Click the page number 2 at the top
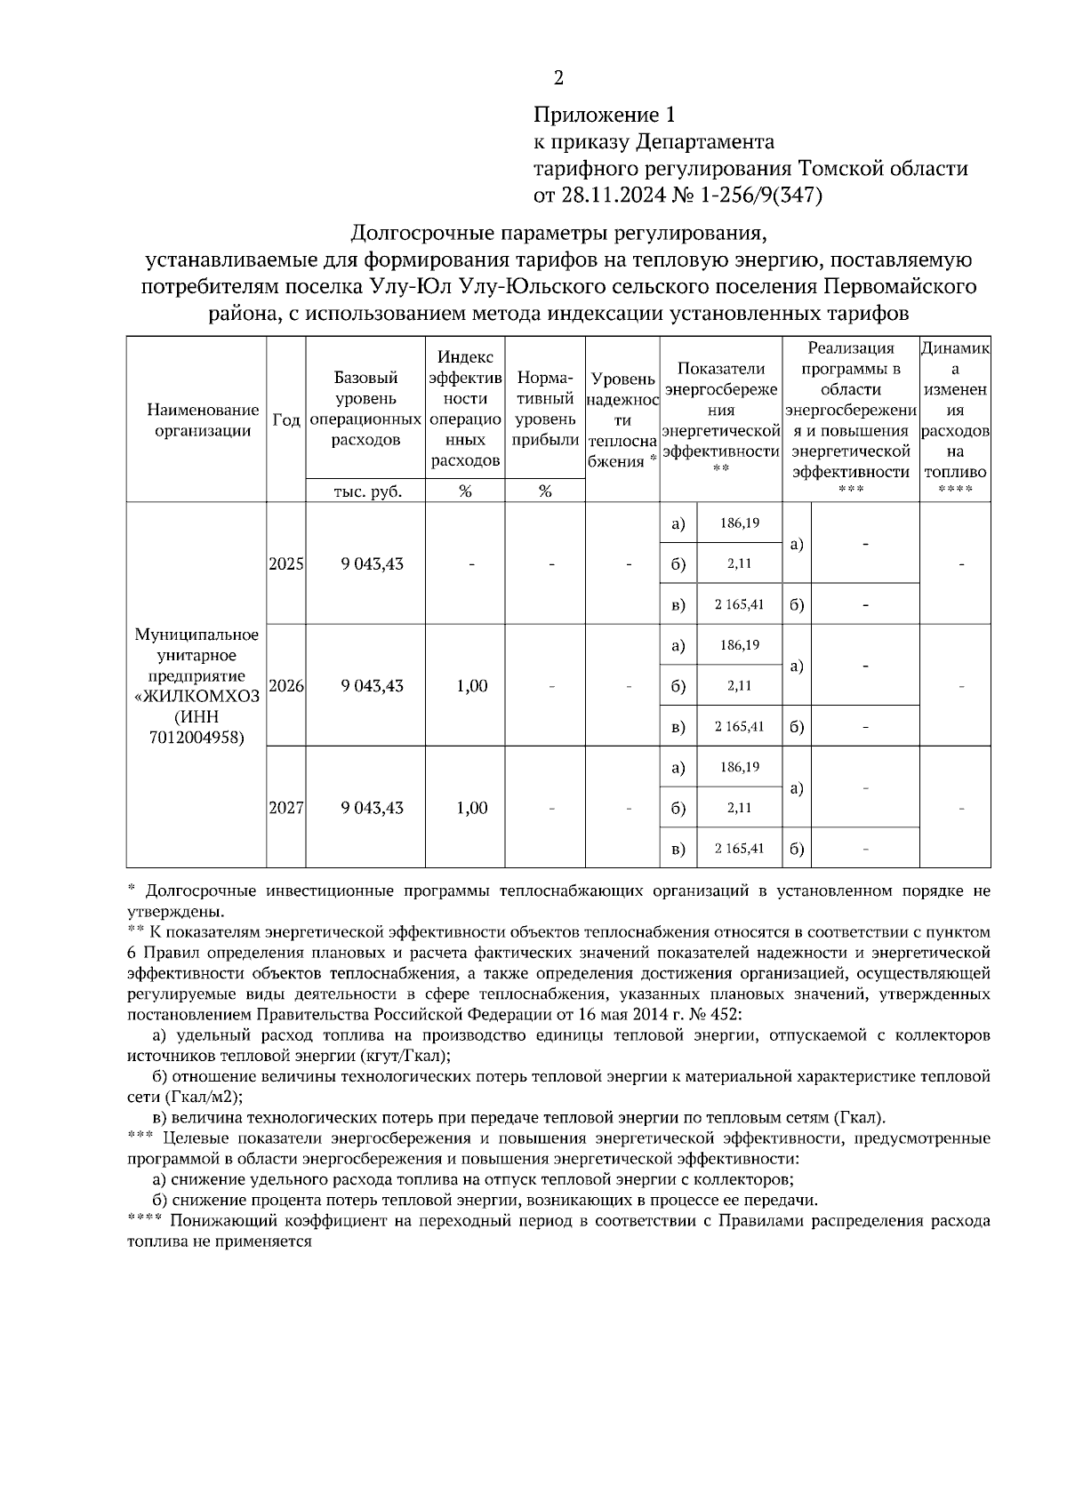pos(558,78)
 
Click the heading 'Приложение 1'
pos(605,115)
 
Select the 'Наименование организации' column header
pos(203,420)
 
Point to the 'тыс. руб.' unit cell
pos(366,491)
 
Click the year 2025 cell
pos(286,564)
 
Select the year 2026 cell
pos(286,686)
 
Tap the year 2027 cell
pos(286,808)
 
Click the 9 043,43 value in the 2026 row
pos(373,686)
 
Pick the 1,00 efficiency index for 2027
pos(472,808)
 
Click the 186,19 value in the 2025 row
pos(740,523)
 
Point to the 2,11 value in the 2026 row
pos(740,686)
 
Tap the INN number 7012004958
pos(197,738)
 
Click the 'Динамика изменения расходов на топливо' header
pos(955,411)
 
